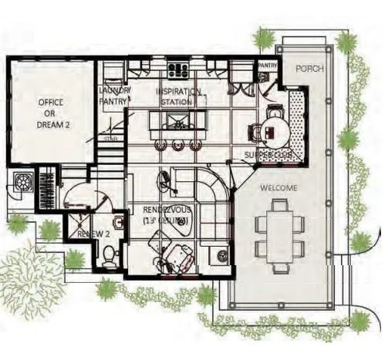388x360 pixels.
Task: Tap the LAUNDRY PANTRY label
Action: coord(114,95)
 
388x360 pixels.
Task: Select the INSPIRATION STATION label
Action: coord(179,95)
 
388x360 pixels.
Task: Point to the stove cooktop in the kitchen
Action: coord(178,69)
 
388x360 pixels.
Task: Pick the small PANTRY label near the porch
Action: coord(267,66)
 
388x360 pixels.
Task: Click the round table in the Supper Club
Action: coord(272,132)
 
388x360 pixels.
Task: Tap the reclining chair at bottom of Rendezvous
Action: coord(180,255)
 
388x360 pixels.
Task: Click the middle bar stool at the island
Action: coord(178,145)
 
